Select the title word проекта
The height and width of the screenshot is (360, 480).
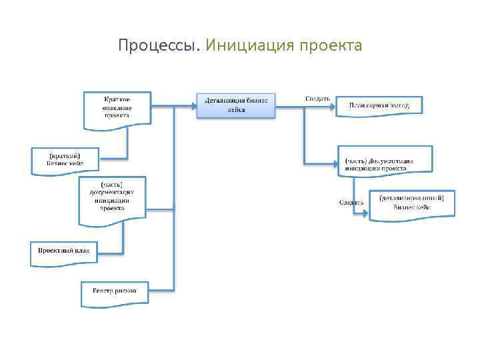click(x=331, y=46)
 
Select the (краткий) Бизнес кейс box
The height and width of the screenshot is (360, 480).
click(x=65, y=160)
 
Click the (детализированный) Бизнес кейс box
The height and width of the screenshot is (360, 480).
click(x=411, y=203)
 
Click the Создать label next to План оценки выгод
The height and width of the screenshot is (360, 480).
click(x=317, y=99)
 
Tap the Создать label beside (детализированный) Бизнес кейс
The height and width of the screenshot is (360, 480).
click(x=351, y=202)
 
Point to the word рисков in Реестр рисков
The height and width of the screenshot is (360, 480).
click(x=125, y=291)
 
